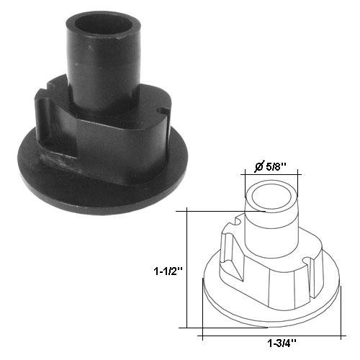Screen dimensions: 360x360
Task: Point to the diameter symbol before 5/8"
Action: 258,167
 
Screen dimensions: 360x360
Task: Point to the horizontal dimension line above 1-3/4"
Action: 270,336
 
